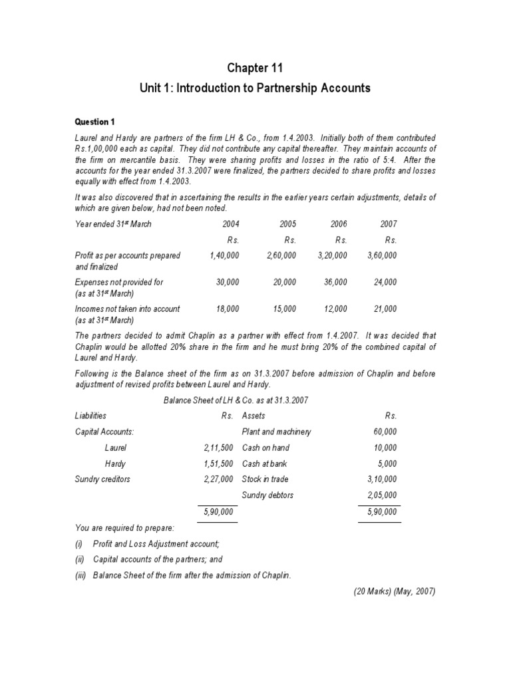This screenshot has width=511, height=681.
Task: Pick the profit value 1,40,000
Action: [224, 255]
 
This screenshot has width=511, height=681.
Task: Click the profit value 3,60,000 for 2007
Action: [382, 255]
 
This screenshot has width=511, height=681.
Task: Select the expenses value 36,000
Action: [335, 282]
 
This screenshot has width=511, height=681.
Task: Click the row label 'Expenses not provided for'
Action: [119, 282]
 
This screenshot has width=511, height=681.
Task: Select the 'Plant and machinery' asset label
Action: [267, 432]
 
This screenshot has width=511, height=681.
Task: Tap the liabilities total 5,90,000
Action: [218, 511]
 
